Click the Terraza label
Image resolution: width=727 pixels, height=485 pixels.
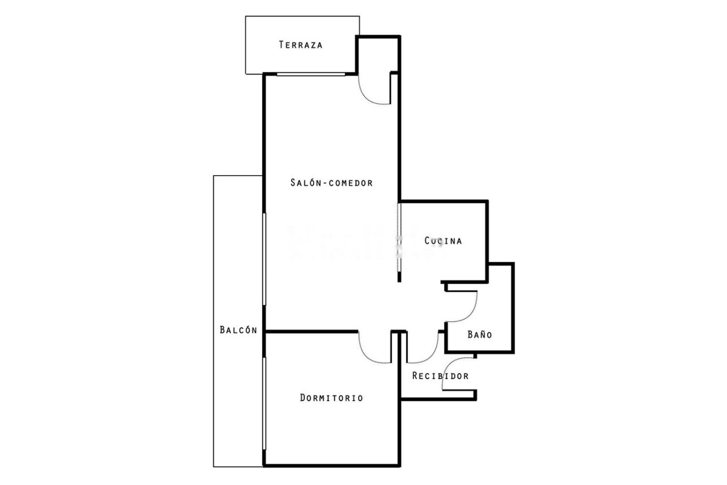point(300,45)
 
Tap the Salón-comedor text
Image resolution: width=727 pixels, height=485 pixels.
point(332,182)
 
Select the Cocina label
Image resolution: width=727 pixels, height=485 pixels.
point(443,241)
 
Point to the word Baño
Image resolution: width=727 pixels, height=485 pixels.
point(480,334)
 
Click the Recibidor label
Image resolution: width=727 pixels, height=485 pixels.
point(441,376)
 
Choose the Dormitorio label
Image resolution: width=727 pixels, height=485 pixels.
point(332,398)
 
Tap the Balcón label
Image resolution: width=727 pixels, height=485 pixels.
point(238,330)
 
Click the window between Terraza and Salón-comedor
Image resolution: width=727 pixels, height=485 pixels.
point(311,74)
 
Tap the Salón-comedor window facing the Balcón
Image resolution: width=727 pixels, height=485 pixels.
point(264,259)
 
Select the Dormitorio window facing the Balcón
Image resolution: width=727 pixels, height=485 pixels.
point(264,404)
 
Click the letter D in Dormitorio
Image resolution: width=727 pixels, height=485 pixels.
point(302,398)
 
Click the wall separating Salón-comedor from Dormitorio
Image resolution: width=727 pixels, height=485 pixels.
point(312,332)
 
